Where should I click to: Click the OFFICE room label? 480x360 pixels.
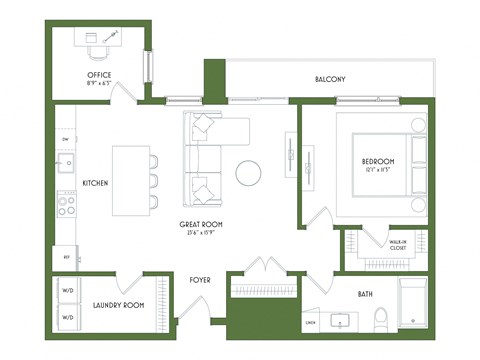99,75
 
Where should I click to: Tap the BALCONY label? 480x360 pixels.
330,79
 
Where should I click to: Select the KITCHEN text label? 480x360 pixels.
95,183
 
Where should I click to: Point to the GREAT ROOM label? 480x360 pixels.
201,225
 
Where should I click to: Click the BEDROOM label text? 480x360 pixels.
378,162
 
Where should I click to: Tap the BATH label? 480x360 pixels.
368,294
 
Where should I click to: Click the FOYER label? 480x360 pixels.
201,280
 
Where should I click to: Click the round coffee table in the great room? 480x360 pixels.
249,172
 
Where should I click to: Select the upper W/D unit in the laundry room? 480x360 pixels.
69,293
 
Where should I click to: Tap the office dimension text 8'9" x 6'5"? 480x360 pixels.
99,84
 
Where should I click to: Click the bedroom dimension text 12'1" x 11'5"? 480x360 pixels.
378,171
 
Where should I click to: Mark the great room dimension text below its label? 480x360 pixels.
201,234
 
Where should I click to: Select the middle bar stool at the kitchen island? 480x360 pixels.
154,181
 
